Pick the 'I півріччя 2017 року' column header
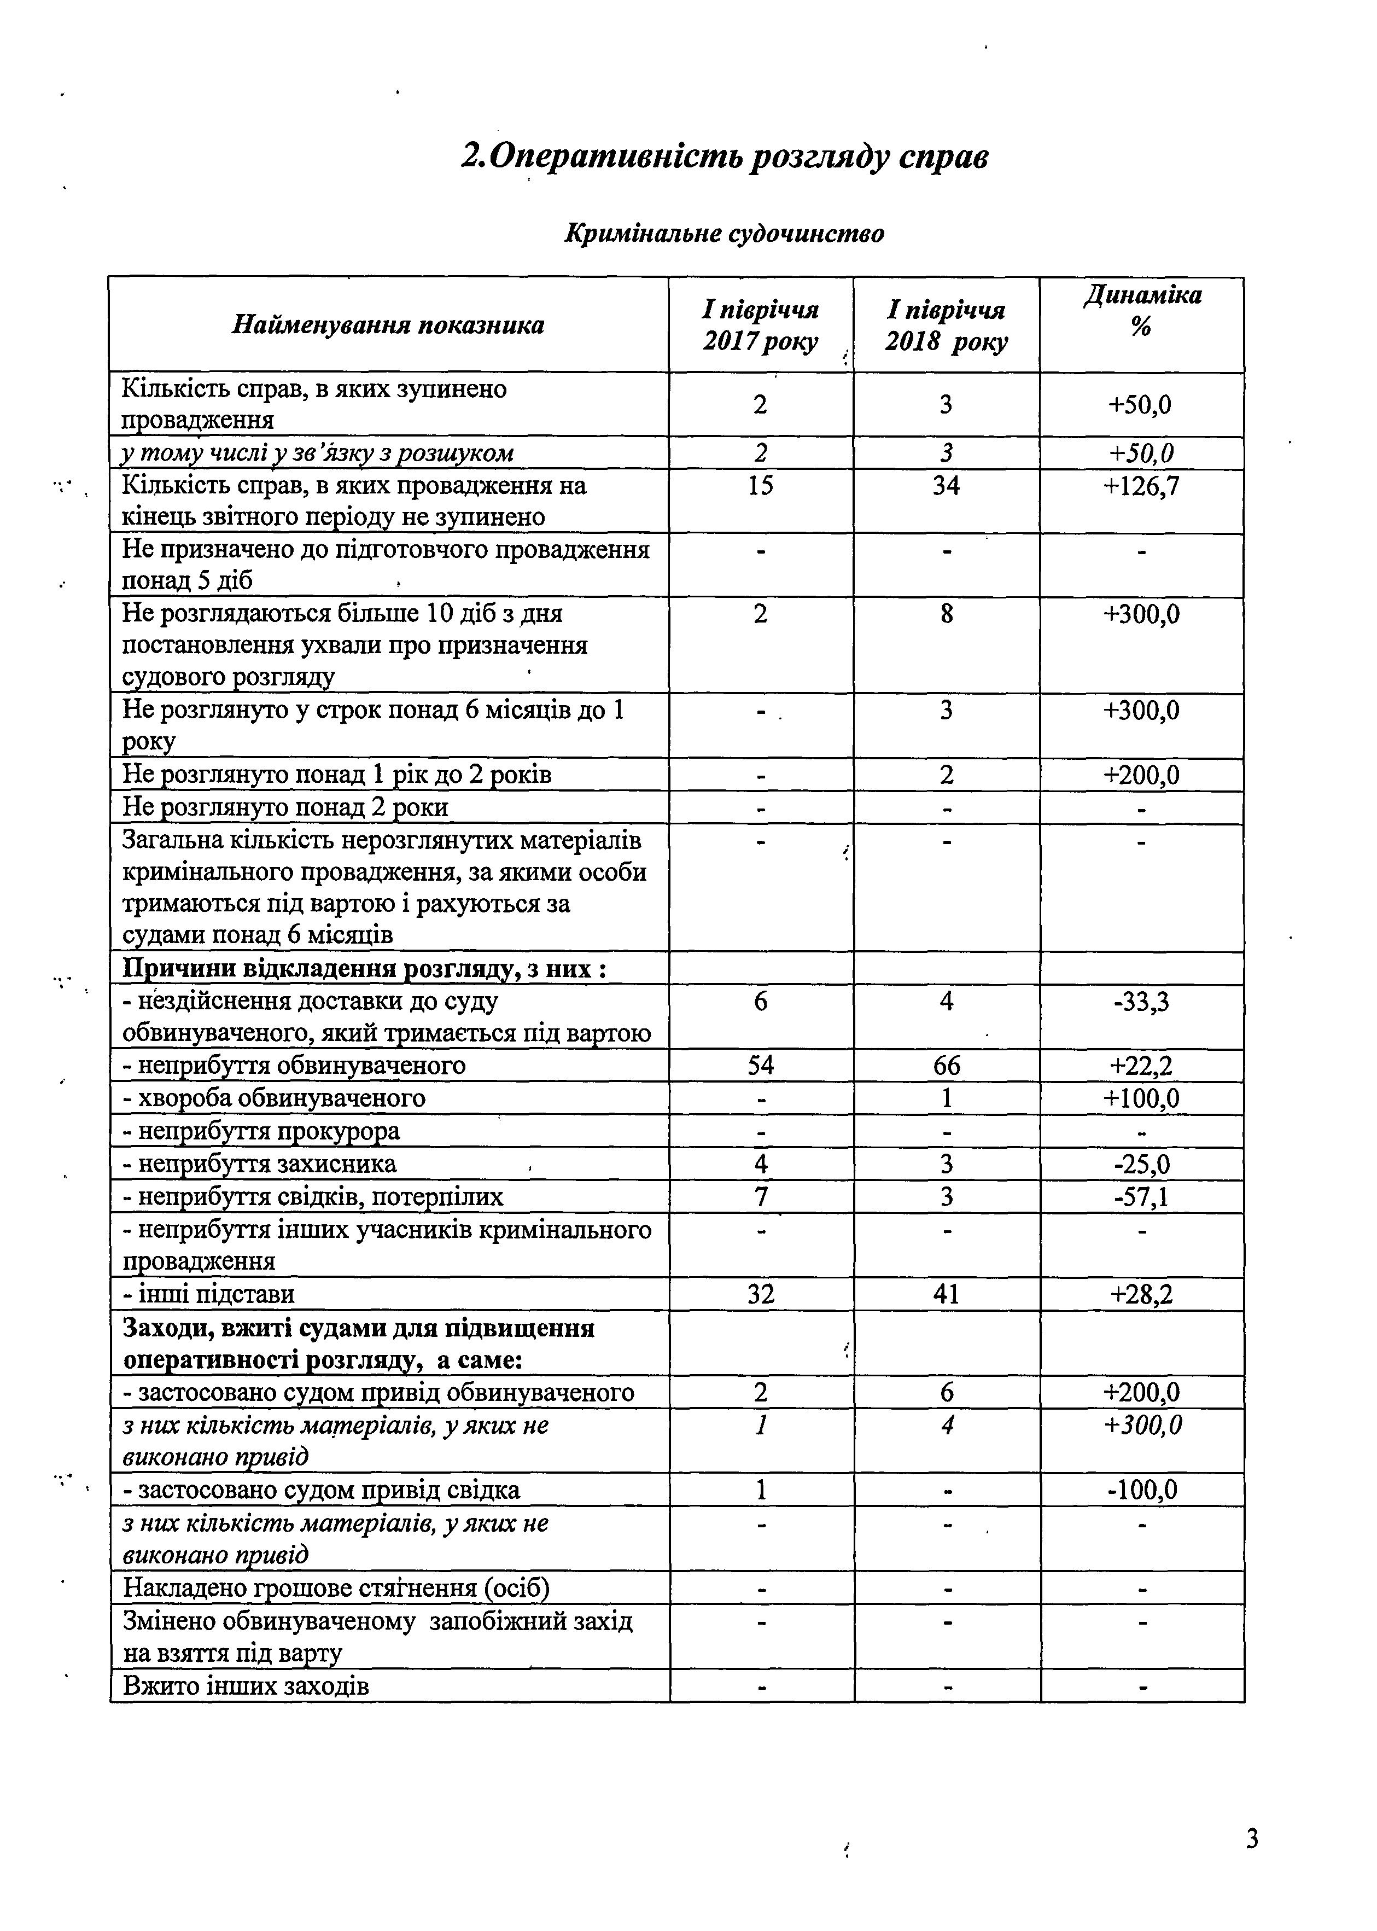pos(761,325)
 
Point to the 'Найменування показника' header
pos(388,325)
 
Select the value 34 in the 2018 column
pos(946,487)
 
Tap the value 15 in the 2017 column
pos(761,487)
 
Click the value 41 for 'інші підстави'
pos(946,1295)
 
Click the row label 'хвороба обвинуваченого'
pos(274,1099)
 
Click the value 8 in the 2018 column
pos(946,614)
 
